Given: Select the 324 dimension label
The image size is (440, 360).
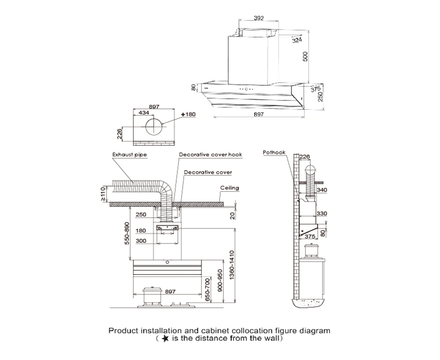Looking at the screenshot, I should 296,40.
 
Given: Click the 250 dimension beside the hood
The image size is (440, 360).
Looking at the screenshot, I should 320,96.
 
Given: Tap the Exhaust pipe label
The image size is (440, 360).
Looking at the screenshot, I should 128,154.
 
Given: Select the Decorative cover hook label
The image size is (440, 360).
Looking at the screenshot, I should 210,154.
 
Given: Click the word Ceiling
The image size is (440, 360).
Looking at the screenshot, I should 230,188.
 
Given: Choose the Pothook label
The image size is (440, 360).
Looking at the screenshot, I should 274,152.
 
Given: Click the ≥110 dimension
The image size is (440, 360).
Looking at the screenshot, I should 103,193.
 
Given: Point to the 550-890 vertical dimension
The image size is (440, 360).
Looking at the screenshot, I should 127,234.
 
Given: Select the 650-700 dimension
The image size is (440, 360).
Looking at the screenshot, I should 206,290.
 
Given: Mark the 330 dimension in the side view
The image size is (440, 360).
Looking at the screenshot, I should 322,214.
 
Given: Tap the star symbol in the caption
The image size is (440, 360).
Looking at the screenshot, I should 166,339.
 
